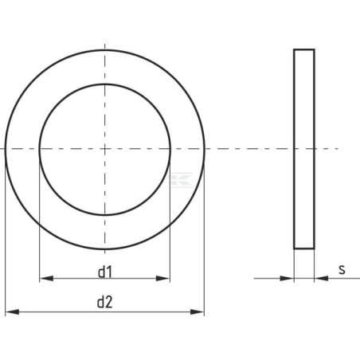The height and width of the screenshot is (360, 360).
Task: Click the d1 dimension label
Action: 105,272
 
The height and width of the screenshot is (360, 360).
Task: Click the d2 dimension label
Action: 105,302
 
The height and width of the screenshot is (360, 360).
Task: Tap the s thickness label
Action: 342,269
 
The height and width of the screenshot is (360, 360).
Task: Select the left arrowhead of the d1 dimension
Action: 46,279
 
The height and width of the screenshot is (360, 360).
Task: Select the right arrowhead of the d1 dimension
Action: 162,279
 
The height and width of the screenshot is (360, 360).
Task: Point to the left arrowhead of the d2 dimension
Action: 12,311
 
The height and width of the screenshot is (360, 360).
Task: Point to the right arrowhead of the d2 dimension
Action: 198,311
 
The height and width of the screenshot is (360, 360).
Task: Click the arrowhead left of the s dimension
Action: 287,279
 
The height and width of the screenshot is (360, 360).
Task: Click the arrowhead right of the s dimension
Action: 321,279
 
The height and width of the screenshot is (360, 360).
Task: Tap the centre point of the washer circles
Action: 105,149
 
